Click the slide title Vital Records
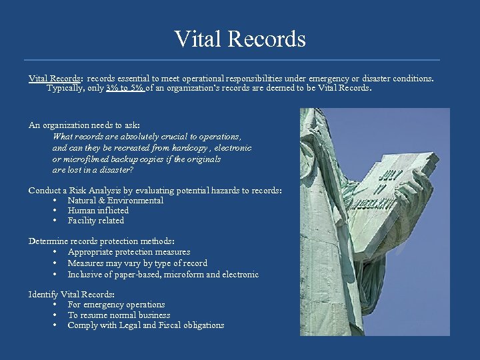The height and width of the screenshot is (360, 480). [x=240, y=39]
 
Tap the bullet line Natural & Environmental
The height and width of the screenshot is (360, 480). [x=115, y=201]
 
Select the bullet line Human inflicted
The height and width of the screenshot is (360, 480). [x=98, y=211]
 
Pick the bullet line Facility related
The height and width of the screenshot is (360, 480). [x=96, y=221]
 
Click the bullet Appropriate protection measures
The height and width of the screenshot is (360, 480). [x=129, y=252]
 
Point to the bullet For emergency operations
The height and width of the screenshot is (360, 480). [x=116, y=305]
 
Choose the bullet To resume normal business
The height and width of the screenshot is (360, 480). [x=119, y=315]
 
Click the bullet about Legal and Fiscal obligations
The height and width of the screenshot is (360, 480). [x=145, y=325]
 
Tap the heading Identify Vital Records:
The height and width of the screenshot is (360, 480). [x=71, y=294]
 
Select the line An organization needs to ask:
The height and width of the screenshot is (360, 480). [x=84, y=125]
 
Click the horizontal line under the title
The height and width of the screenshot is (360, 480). [x=240, y=60]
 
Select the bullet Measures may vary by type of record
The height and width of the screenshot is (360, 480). [x=137, y=263]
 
